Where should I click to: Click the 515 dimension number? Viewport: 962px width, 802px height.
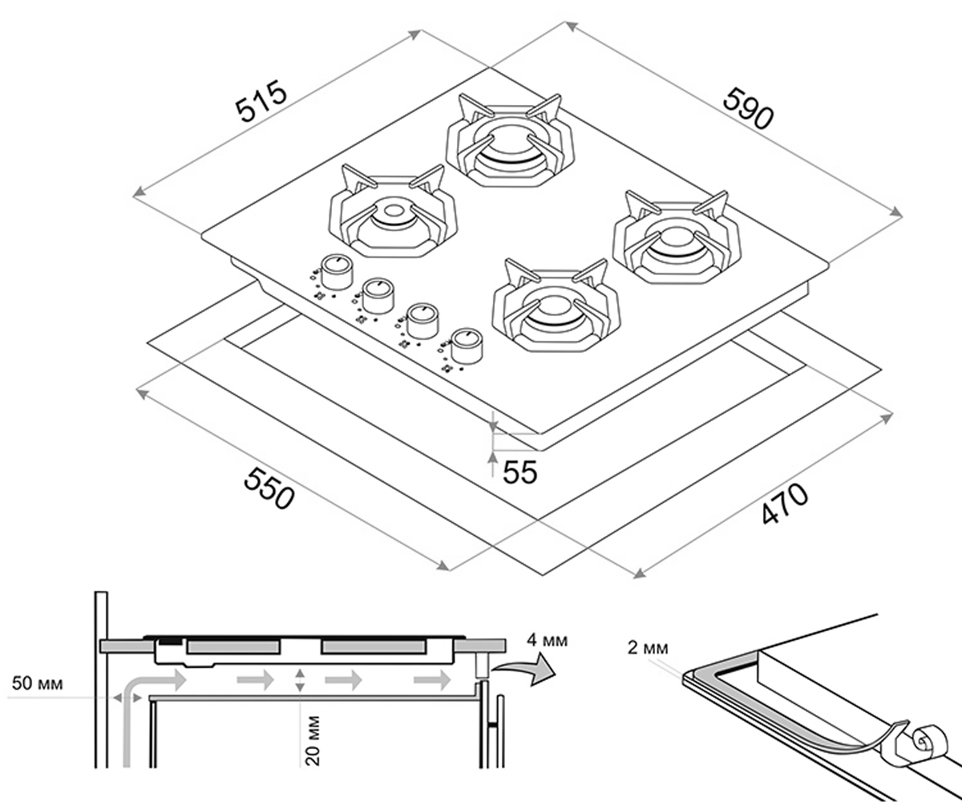tap(261, 107)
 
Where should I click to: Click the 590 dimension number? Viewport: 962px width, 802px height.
tap(747, 109)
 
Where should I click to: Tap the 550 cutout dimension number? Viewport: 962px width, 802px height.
tap(269, 488)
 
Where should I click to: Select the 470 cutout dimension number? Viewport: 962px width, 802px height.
tap(784, 504)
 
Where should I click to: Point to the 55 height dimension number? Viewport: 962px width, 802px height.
tap(519, 472)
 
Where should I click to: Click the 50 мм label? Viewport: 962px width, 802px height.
tap(38, 683)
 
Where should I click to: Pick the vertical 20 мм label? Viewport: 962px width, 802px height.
tap(313, 741)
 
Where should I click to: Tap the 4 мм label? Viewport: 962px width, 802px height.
tap(548, 641)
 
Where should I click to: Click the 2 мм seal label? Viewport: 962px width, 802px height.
tap(647, 648)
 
